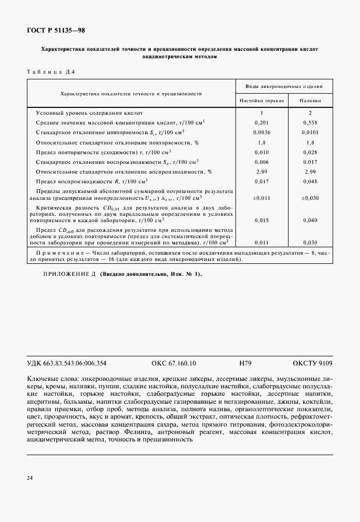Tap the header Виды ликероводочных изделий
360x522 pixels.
[x=285, y=86]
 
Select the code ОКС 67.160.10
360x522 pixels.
[x=174, y=363]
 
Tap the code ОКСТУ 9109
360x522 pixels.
[x=312, y=363]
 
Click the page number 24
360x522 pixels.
[x=30, y=477]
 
